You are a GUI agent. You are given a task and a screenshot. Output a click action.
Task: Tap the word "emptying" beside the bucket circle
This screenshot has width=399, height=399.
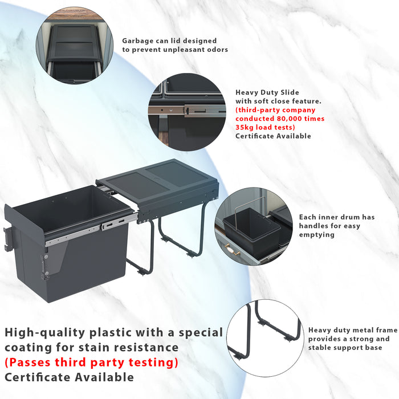pos(317,235)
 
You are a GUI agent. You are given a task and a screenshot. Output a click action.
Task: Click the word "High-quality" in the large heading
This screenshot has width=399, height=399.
pos(45,333)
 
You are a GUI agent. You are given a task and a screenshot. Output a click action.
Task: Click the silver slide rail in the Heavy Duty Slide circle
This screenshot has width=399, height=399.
pos(187,111)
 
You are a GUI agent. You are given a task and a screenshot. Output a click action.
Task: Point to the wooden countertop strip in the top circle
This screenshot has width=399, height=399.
pos(74,15)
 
